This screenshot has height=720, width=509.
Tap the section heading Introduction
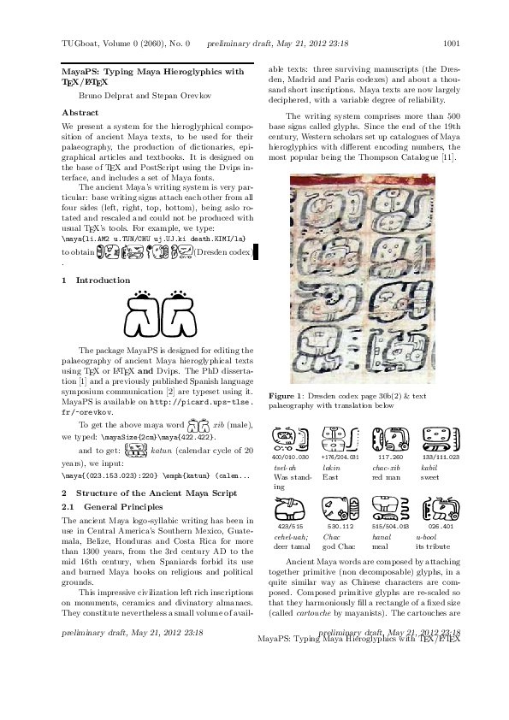pos(103,280)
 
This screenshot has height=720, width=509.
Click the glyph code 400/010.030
pos(290,457)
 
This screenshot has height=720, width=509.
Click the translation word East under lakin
pos(329,478)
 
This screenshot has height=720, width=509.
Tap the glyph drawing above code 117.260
pos(390,440)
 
